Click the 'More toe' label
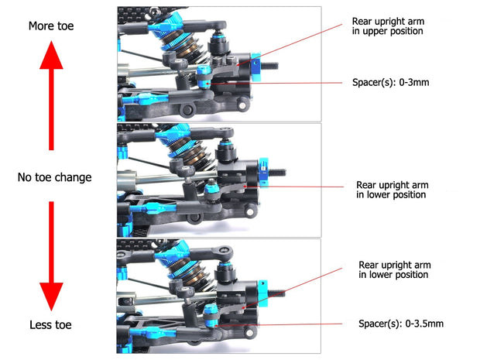coord(51,26)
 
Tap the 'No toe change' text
coord(54,177)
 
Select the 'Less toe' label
coord(51,324)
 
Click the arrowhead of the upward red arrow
coord(51,55)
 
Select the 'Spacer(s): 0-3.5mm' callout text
coord(401,324)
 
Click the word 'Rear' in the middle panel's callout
coord(369,185)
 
